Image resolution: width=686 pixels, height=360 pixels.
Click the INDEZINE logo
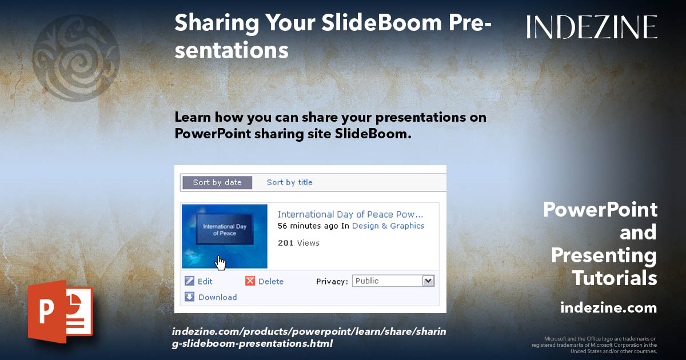click(592, 27)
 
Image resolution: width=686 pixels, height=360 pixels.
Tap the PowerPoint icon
click(61, 311)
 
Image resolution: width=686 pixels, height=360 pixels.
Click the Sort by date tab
click(217, 182)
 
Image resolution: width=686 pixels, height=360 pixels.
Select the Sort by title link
click(289, 182)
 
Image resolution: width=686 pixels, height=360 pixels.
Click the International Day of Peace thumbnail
click(224, 235)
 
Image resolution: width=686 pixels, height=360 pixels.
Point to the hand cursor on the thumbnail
click(221, 262)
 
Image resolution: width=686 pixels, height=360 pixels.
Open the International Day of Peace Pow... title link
click(350, 214)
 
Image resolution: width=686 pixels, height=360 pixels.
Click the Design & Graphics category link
click(388, 226)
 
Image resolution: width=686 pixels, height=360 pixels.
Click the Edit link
click(205, 281)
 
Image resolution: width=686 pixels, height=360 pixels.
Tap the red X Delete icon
click(250, 281)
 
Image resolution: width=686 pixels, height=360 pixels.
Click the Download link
click(217, 297)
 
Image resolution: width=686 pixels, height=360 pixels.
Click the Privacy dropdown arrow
click(428, 281)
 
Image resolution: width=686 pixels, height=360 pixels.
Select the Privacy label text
click(332, 281)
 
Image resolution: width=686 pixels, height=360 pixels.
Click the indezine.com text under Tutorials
click(608, 308)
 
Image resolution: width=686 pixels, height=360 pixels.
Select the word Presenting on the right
click(604, 255)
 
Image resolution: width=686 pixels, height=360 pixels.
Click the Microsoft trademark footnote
click(595, 345)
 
